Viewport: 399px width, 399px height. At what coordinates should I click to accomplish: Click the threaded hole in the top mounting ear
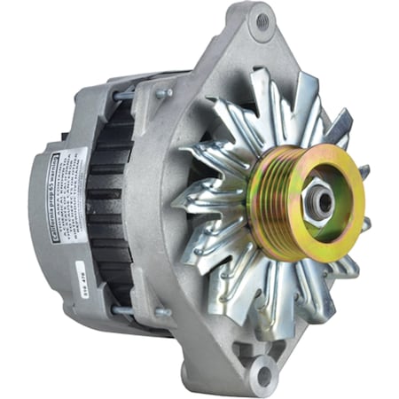pos(259,21)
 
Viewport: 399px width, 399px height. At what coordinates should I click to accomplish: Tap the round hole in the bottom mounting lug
pos(263,377)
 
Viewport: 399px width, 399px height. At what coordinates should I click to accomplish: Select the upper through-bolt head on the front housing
pos(165,91)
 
